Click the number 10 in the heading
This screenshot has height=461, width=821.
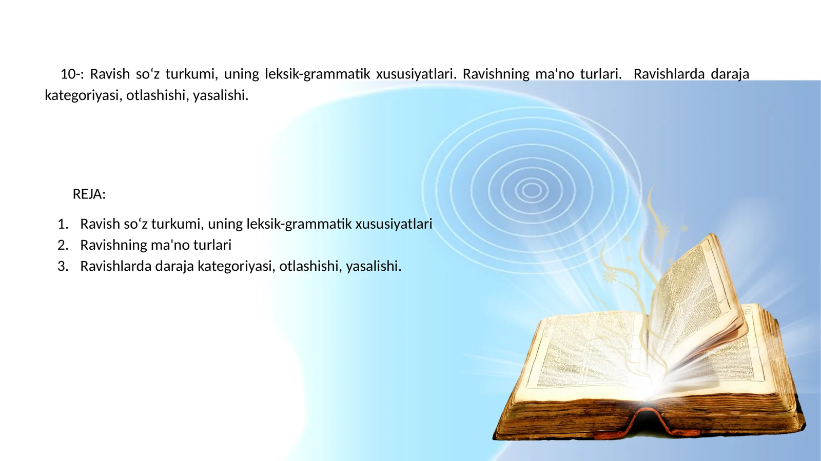68,74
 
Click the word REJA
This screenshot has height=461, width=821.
88,194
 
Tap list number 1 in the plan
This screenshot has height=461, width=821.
63,224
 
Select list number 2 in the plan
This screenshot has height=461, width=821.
63,245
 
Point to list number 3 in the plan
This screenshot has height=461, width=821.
63,267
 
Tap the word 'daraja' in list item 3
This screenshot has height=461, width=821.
174,267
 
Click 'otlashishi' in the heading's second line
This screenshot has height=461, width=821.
155,96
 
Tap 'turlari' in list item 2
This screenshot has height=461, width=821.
212,245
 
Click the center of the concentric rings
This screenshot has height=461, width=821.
532,190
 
